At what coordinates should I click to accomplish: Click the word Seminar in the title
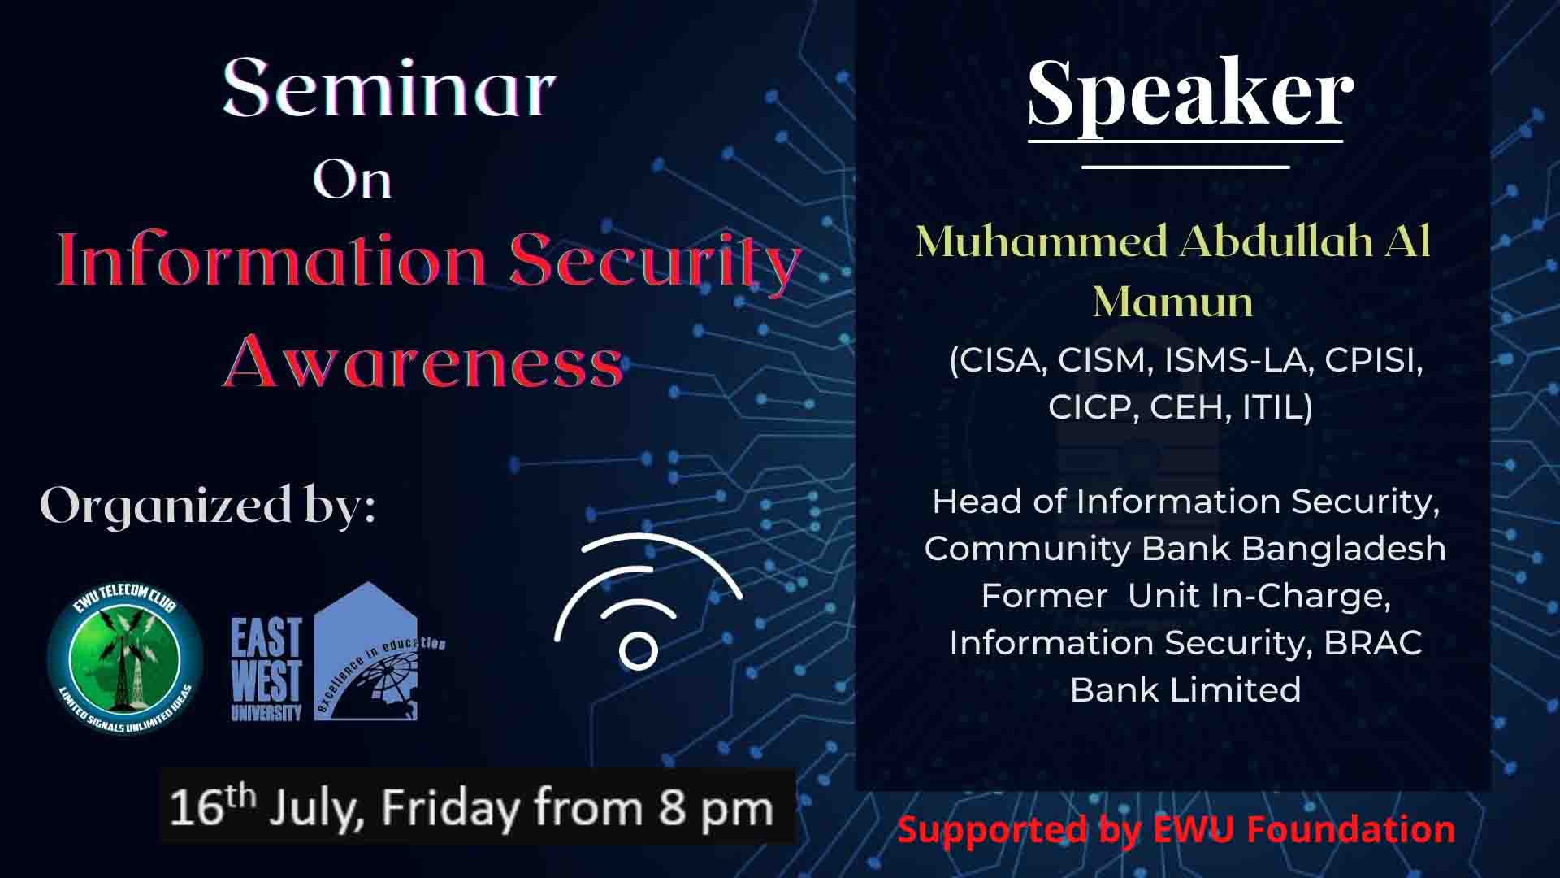click(389, 89)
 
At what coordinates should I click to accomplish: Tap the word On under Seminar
click(353, 179)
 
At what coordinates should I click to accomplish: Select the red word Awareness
click(423, 361)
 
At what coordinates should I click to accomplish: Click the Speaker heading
click(1190, 93)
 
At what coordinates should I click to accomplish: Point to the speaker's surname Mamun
click(1172, 302)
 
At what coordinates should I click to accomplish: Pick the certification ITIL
click(1277, 407)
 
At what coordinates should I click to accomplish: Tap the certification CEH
click(1186, 407)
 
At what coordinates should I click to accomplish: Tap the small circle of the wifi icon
click(638, 650)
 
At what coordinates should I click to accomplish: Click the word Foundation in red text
click(1350, 829)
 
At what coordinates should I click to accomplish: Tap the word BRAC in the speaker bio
click(1372, 642)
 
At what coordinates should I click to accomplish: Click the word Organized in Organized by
click(166, 506)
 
